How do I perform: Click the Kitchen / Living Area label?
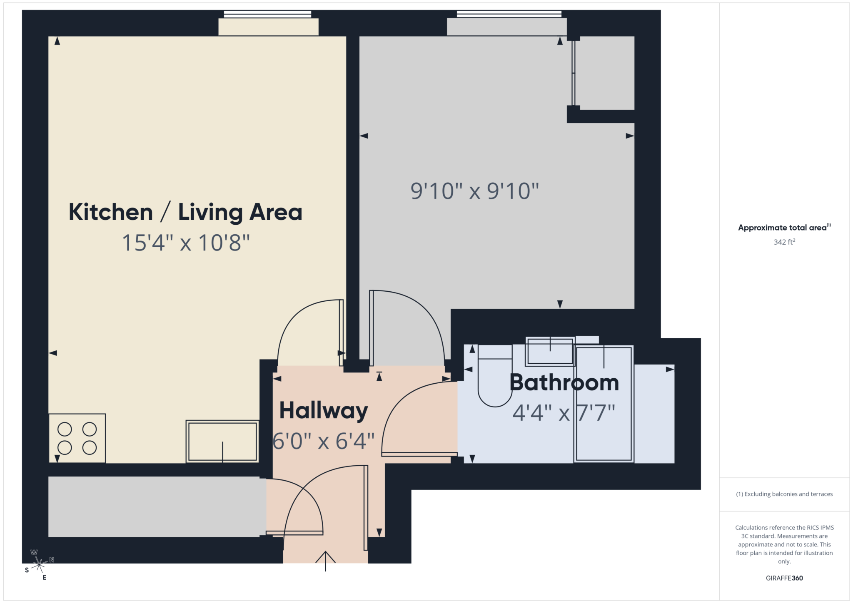tap(185, 212)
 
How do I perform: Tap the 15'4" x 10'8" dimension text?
tap(185, 243)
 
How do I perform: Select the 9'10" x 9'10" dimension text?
tap(474, 191)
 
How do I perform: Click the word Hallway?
tap(323, 411)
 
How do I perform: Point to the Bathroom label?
tap(564, 382)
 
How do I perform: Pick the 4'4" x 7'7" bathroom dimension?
tap(564, 413)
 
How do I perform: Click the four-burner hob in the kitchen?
tap(77, 438)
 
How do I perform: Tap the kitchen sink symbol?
tap(222, 442)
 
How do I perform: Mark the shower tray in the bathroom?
tap(604, 404)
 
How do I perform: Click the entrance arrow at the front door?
tap(325, 561)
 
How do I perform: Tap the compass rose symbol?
tap(39, 565)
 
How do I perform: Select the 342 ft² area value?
tap(784, 242)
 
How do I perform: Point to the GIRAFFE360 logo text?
tap(784, 578)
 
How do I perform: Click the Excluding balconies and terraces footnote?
tap(784, 494)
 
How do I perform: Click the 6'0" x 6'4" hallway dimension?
tap(323, 441)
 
